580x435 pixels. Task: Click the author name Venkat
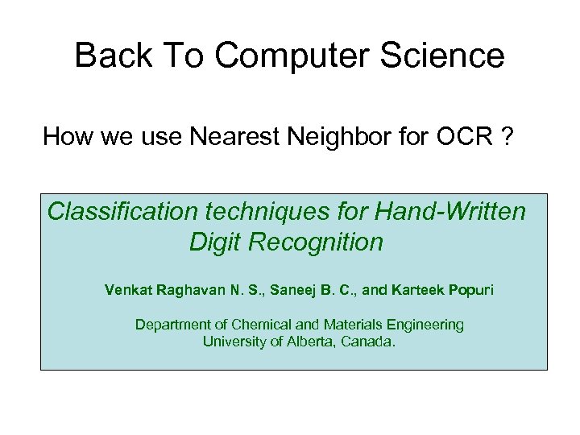coord(128,289)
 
